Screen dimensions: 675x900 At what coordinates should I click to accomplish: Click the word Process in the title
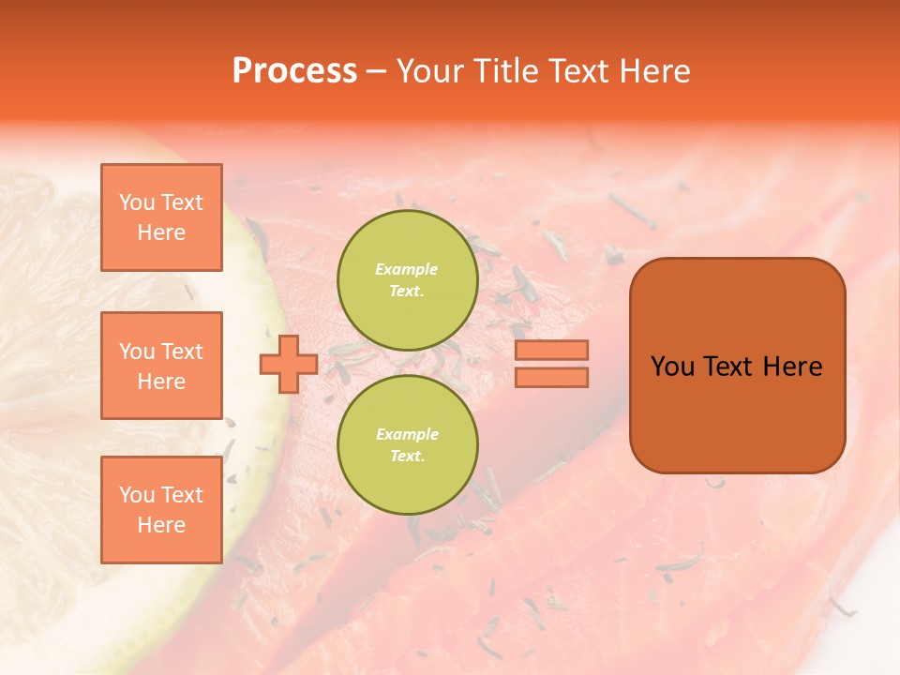[x=294, y=71]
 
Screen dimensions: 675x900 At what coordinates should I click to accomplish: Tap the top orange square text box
[x=161, y=217]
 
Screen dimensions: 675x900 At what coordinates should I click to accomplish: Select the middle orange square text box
[x=161, y=366]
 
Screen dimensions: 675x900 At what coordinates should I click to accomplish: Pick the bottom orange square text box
[x=161, y=510]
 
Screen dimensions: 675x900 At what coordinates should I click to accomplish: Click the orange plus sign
[x=288, y=364]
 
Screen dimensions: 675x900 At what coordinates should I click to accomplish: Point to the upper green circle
[x=407, y=280]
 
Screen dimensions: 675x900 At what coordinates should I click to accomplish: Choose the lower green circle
[x=407, y=445]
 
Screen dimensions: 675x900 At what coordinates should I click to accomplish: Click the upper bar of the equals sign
[x=551, y=350]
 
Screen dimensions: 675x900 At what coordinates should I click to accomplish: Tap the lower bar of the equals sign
[x=551, y=377]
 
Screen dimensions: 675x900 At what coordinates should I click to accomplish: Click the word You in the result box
[x=672, y=367]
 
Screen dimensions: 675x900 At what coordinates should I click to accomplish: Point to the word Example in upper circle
[x=407, y=269]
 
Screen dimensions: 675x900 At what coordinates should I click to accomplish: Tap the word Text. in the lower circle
[x=407, y=457]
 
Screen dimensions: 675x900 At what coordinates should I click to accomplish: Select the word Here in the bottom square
[x=161, y=525]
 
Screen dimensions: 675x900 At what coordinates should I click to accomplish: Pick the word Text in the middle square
[x=182, y=352]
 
